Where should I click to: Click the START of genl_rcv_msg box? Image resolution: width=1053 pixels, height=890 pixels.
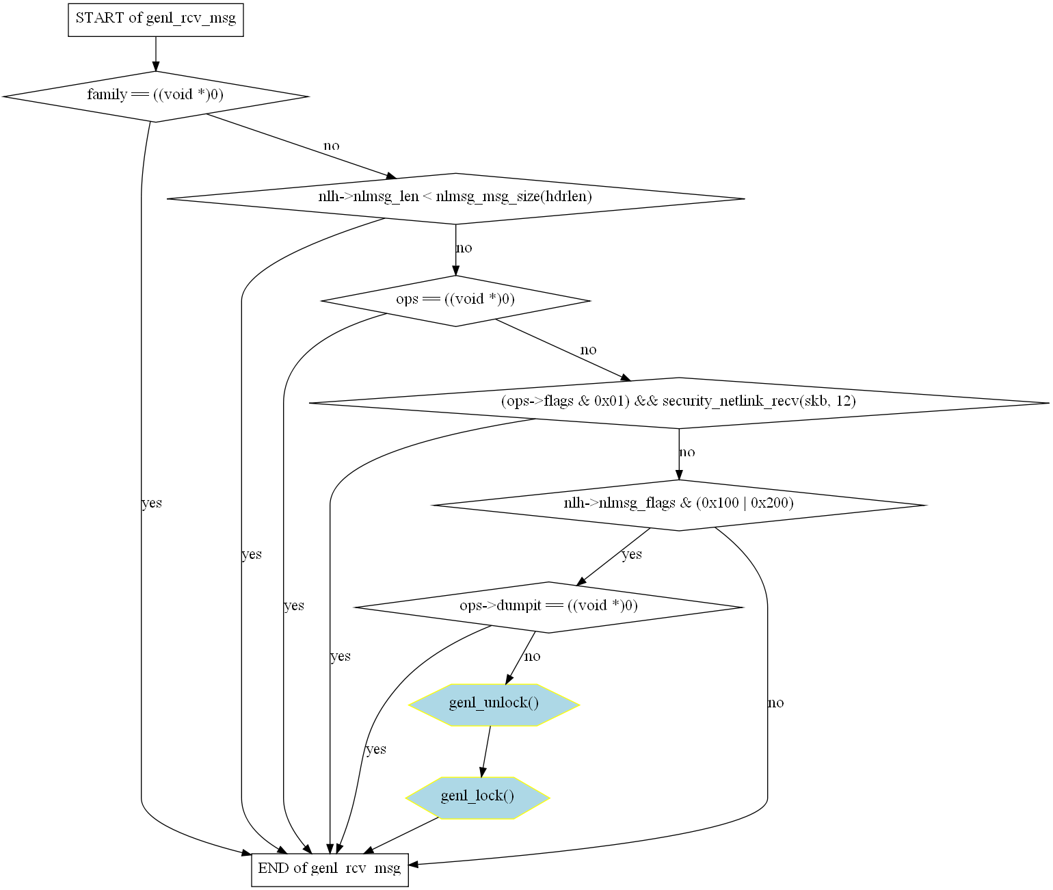[x=156, y=19]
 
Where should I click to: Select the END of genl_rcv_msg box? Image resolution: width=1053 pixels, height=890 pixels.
[x=330, y=869]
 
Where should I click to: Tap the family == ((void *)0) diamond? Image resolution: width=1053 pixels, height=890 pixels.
[x=156, y=96]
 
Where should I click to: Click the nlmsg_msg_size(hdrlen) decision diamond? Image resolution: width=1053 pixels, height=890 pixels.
[x=455, y=198]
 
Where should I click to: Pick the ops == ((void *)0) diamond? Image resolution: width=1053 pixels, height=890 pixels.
[x=455, y=300]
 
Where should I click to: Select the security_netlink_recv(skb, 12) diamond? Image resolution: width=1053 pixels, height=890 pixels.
[x=678, y=402]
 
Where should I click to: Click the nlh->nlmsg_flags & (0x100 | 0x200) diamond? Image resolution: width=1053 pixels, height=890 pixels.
[x=678, y=504]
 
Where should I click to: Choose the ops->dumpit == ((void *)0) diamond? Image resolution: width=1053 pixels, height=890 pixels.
[x=548, y=607]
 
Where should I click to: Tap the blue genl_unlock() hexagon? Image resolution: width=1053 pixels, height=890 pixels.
[x=494, y=704]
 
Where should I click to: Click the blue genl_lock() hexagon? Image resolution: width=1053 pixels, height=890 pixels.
[x=477, y=797]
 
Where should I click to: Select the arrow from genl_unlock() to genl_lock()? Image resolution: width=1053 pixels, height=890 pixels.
[x=486, y=750]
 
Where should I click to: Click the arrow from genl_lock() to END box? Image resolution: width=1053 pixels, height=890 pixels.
[x=403, y=835]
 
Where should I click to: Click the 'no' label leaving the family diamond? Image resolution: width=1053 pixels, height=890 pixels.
[x=332, y=146]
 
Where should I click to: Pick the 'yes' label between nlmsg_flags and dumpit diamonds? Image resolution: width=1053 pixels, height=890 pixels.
[x=632, y=554]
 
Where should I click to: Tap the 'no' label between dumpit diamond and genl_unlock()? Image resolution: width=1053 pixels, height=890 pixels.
[x=532, y=657]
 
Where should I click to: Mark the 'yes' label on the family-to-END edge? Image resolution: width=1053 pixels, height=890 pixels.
[x=152, y=503]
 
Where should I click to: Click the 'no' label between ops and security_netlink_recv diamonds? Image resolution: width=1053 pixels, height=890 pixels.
[x=588, y=350]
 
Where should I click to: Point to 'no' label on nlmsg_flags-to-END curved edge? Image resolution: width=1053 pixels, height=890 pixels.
[x=775, y=703]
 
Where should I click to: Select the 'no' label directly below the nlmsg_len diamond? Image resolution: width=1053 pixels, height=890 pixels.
[x=464, y=248]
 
